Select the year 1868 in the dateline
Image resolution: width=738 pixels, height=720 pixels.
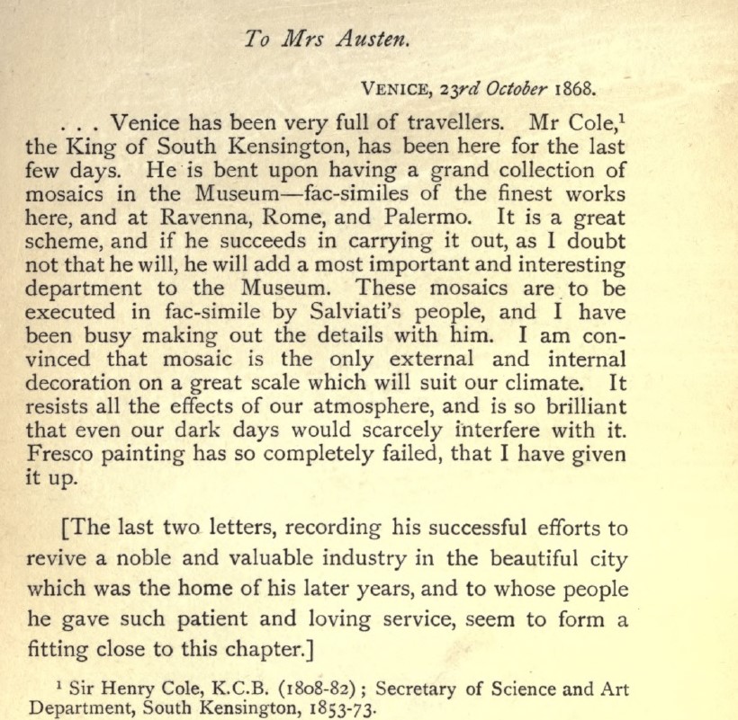point(575,89)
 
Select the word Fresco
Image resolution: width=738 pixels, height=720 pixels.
point(63,453)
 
